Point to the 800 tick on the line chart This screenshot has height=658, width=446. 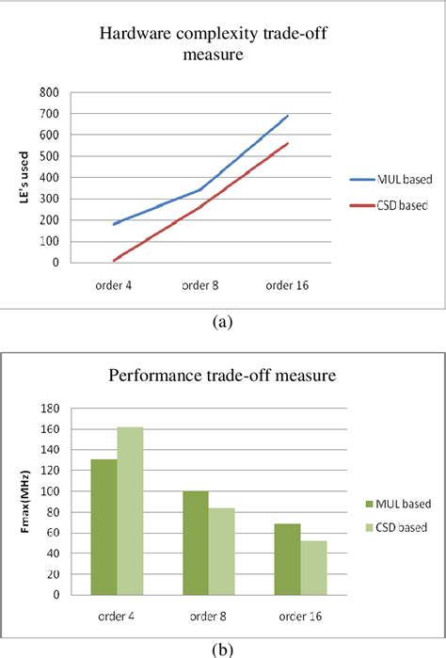pyautogui.click(x=45, y=92)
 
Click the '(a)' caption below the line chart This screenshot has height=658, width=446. pyautogui.click(x=222, y=321)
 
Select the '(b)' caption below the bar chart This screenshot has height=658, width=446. pyautogui.click(x=222, y=649)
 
